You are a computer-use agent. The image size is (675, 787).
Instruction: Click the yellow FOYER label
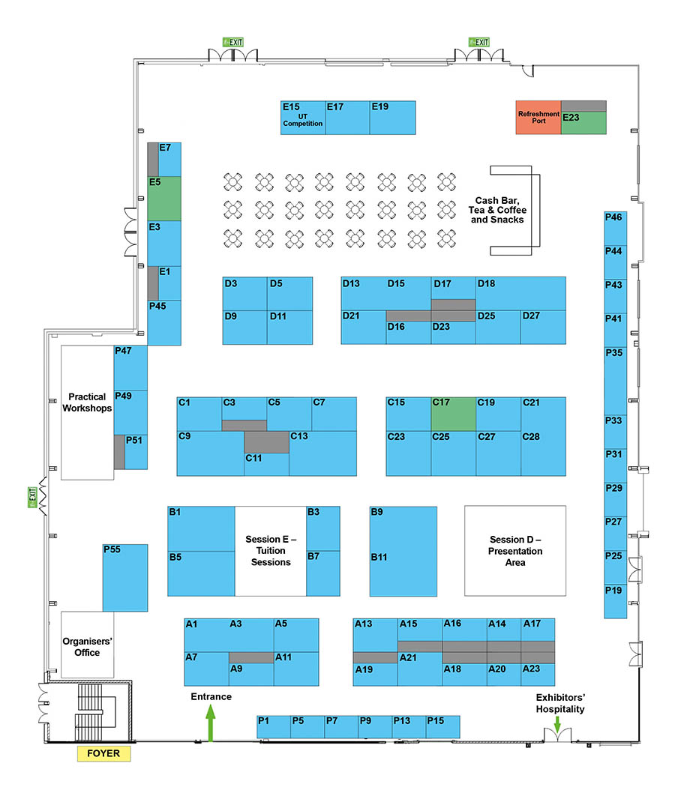click(x=103, y=753)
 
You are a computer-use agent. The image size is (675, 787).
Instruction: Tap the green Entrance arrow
click(x=211, y=723)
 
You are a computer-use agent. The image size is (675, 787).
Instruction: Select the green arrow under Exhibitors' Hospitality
click(x=557, y=724)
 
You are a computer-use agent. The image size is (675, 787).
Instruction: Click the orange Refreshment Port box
click(x=538, y=118)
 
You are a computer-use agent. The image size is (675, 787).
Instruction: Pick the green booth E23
click(x=583, y=123)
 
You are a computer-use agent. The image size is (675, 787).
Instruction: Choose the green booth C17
click(x=454, y=414)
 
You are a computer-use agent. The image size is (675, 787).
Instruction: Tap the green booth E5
click(x=164, y=199)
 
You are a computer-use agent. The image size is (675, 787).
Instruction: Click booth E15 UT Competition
click(x=303, y=118)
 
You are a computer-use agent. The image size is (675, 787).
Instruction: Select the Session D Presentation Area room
click(x=515, y=551)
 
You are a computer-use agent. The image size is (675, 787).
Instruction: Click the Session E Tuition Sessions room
click(x=271, y=551)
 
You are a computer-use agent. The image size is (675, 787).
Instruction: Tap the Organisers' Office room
click(x=88, y=645)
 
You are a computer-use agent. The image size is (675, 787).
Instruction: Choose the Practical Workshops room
click(x=88, y=412)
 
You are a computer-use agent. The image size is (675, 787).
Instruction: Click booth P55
click(x=125, y=578)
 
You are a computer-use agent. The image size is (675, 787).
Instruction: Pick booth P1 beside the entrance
click(x=274, y=727)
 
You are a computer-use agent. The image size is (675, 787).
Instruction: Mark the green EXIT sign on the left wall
click(x=33, y=497)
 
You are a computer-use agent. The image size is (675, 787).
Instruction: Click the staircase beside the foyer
click(x=95, y=712)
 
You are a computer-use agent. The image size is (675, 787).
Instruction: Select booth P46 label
click(x=613, y=217)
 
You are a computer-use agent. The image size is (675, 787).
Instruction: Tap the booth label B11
click(x=379, y=557)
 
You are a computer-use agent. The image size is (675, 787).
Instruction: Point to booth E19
click(x=393, y=118)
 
